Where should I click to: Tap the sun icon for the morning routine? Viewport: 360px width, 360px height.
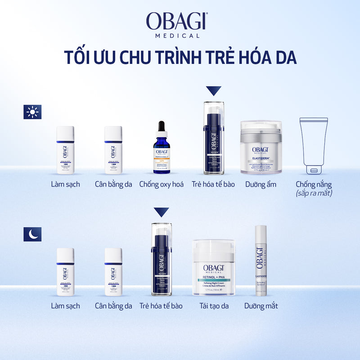pyautogui.click(x=32, y=112)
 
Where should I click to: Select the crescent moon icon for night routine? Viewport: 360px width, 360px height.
pyautogui.click(x=32, y=234)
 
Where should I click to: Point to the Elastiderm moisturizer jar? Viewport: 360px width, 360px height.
pyautogui.click(x=261, y=148)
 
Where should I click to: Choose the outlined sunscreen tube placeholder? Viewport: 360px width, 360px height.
pyautogui.click(x=314, y=146)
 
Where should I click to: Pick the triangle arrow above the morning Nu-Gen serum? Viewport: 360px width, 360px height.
pyautogui.click(x=214, y=91)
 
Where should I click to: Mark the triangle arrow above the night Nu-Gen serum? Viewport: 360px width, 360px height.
pyautogui.click(x=161, y=212)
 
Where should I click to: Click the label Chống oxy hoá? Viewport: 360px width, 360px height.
pyautogui.click(x=162, y=184)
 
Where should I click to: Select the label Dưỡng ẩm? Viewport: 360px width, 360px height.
pyautogui.click(x=261, y=184)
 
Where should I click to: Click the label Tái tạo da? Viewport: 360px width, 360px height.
pyautogui.click(x=214, y=306)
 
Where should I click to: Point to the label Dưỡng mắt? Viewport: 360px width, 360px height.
pyautogui.click(x=261, y=306)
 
